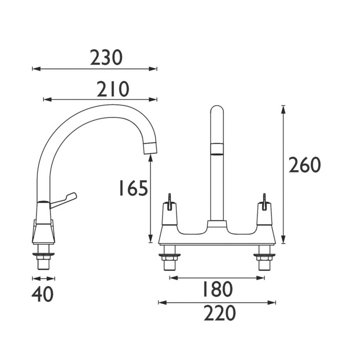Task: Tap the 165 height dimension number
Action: pos(133,188)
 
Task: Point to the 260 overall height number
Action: pos(304,165)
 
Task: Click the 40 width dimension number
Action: pos(42,294)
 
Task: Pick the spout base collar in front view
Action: pos(217,225)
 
